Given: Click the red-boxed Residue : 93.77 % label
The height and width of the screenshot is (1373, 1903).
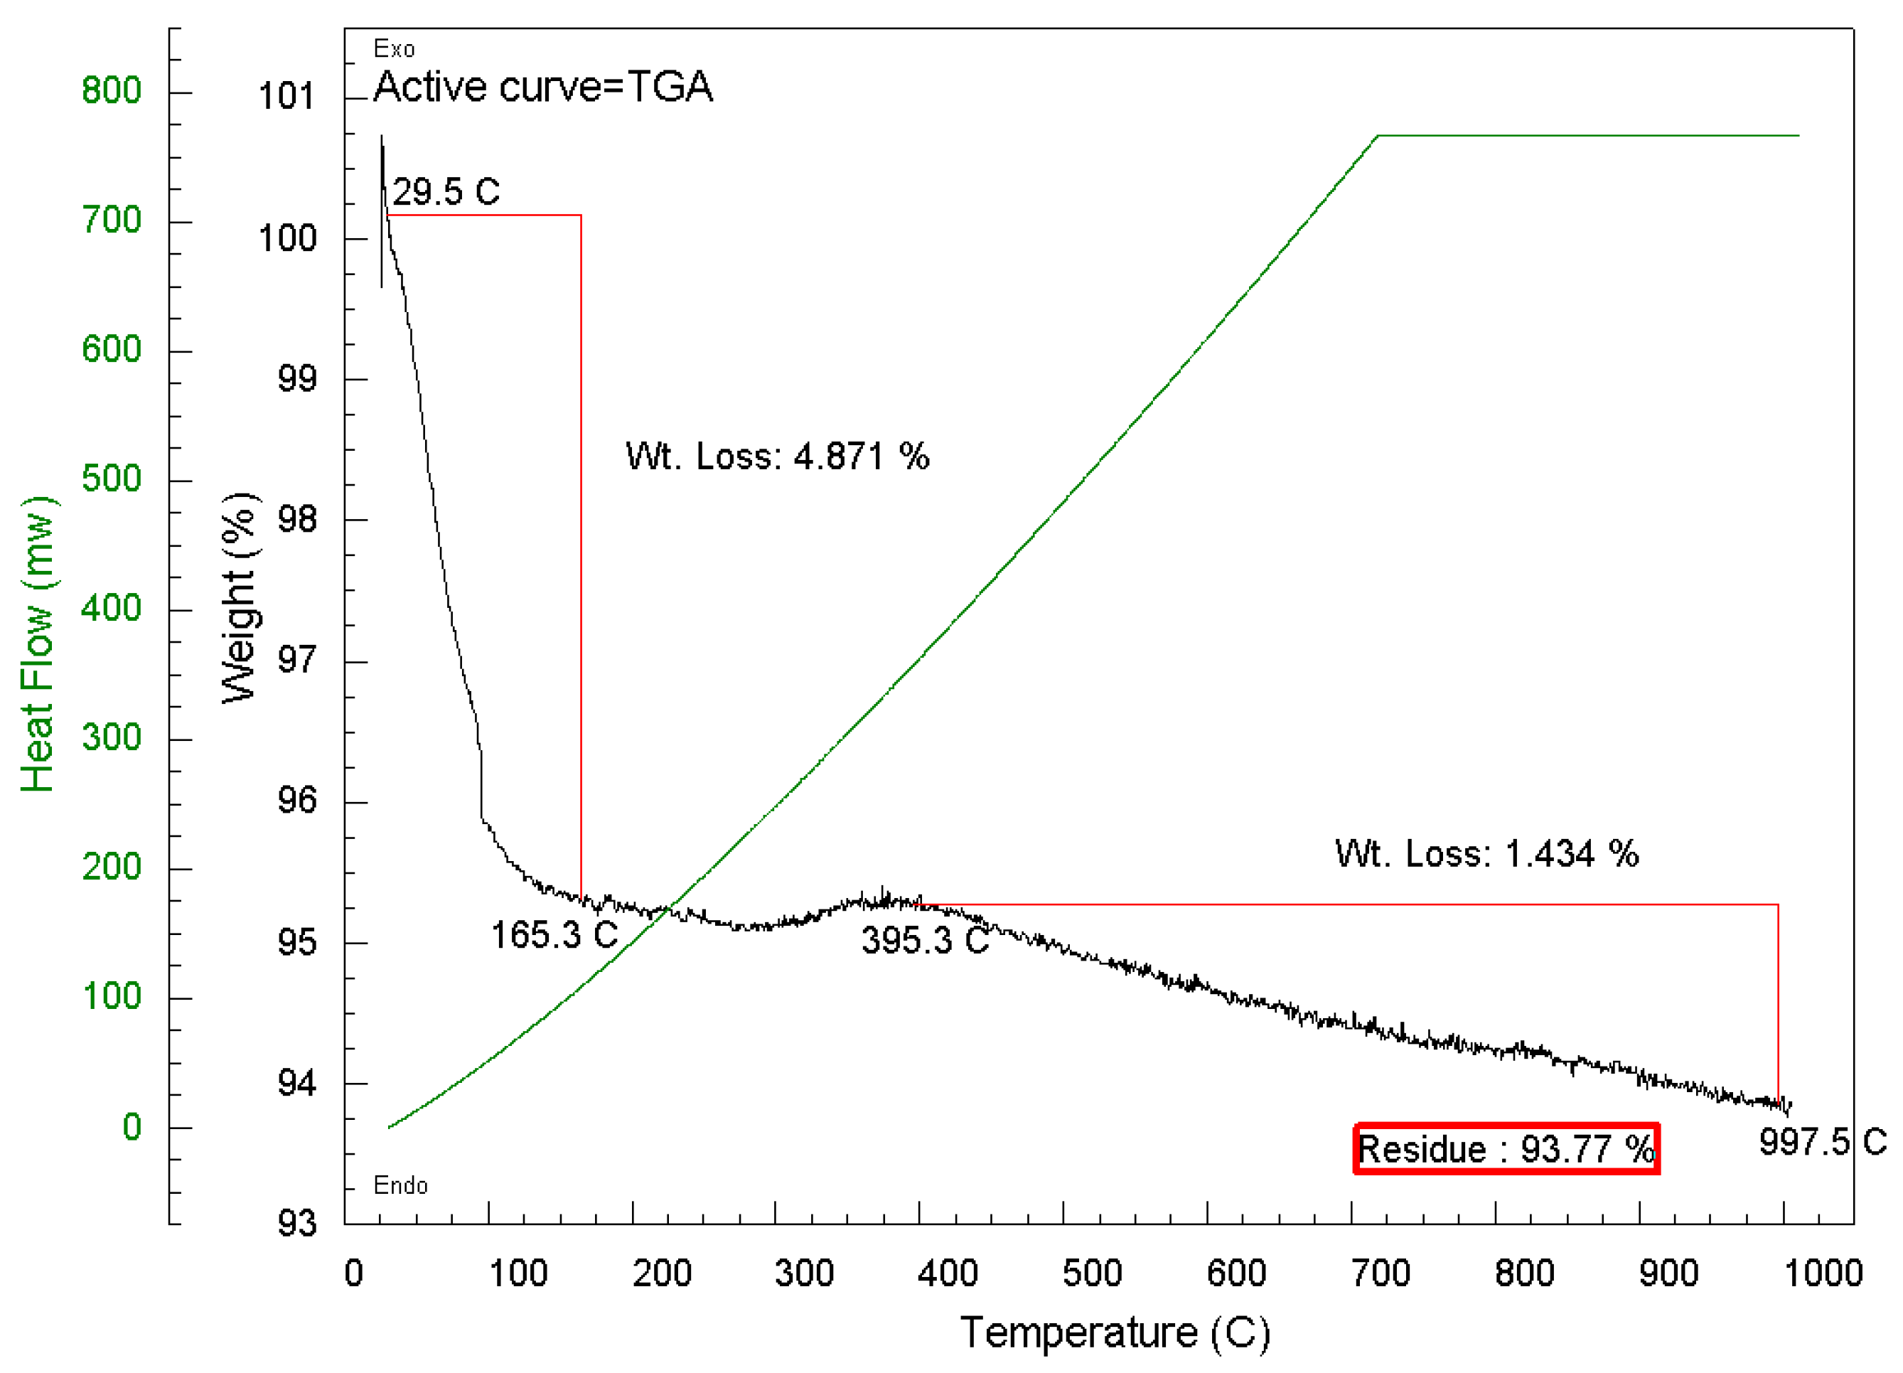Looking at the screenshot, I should pyautogui.click(x=1506, y=1149).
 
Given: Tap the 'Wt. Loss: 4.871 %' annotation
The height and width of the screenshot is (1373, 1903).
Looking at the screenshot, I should pyautogui.click(x=777, y=456).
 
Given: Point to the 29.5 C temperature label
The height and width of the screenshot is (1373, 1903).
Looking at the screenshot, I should pyautogui.click(x=446, y=192).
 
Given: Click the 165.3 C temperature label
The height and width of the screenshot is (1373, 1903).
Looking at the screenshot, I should pyautogui.click(x=554, y=935).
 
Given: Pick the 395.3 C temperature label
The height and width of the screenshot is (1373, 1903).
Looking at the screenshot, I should pyautogui.click(x=925, y=940).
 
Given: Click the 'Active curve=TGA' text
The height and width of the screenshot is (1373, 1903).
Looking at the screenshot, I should pyautogui.click(x=543, y=87).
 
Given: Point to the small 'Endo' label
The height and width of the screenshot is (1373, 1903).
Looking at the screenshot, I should pyautogui.click(x=400, y=1186).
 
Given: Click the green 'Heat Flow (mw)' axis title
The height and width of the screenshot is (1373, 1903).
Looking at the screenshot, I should pyautogui.click(x=38, y=643).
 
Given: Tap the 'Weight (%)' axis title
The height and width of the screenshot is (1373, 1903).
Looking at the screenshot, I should pyautogui.click(x=240, y=597).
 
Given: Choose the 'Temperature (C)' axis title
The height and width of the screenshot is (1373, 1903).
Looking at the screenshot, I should pyautogui.click(x=1114, y=1332).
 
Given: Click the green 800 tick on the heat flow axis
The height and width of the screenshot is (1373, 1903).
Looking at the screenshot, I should pyautogui.click(x=112, y=90).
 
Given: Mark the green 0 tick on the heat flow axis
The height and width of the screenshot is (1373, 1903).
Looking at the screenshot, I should pyautogui.click(x=132, y=1127).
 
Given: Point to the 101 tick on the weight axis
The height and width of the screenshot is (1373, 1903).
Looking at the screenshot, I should pyautogui.click(x=286, y=97).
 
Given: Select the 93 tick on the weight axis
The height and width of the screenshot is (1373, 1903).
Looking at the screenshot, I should pyautogui.click(x=297, y=1224).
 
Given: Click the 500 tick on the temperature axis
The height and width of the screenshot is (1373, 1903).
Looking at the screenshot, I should pyautogui.click(x=1092, y=1273).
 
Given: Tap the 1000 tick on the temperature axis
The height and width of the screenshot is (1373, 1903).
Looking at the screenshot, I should pyautogui.click(x=1823, y=1273).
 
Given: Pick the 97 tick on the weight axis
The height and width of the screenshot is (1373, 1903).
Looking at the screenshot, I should pyautogui.click(x=297, y=661).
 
